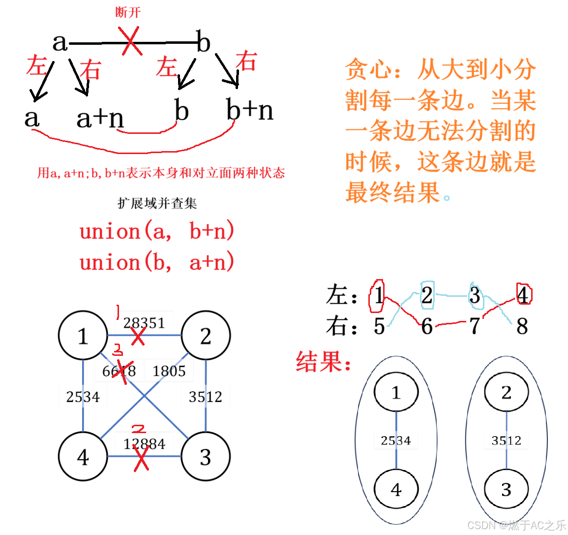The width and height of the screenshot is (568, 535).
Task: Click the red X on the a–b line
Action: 130,41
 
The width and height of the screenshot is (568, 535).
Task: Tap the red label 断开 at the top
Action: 128,12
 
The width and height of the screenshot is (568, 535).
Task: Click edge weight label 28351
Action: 144,322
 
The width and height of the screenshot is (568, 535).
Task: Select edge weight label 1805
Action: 169,371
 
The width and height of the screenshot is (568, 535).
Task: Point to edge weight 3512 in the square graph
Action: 205,397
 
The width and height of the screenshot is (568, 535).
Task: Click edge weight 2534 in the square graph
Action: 83,397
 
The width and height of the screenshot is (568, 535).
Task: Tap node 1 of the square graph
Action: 83,336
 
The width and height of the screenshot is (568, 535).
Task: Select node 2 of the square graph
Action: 206,336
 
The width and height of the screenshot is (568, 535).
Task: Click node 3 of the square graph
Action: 206,457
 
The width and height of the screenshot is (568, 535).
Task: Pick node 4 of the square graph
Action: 83,457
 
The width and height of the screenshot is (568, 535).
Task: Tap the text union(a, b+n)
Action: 156,231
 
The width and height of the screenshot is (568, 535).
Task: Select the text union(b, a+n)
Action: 156,262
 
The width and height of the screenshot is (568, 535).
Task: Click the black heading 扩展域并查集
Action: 157,203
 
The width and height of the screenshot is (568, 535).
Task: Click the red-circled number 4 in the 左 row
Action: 523,295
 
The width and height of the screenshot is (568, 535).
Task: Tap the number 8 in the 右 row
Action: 522,326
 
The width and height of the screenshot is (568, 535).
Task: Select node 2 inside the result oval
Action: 506,392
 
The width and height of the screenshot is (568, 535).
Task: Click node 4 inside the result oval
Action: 396,489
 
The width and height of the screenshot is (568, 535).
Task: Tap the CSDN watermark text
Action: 516,525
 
